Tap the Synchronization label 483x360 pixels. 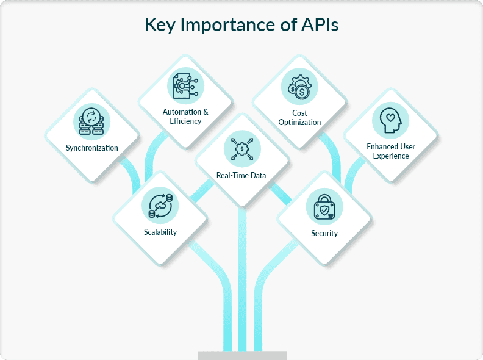[92, 148]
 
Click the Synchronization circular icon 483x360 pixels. [92, 120]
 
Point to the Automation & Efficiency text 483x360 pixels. [185, 117]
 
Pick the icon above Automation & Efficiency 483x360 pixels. [185, 85]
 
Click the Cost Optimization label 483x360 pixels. [299, 118]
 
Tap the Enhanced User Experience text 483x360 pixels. [391, 151]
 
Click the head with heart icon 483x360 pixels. [391, 120]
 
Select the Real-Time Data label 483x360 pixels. [241, 176]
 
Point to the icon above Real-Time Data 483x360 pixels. [241, 148]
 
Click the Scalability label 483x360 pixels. [160, 232]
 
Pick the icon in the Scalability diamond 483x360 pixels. [160, 204]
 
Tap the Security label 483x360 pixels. [324, 233]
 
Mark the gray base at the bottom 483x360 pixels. [242, 355]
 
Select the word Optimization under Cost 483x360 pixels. [299, 122]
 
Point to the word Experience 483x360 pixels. [391, 156]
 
